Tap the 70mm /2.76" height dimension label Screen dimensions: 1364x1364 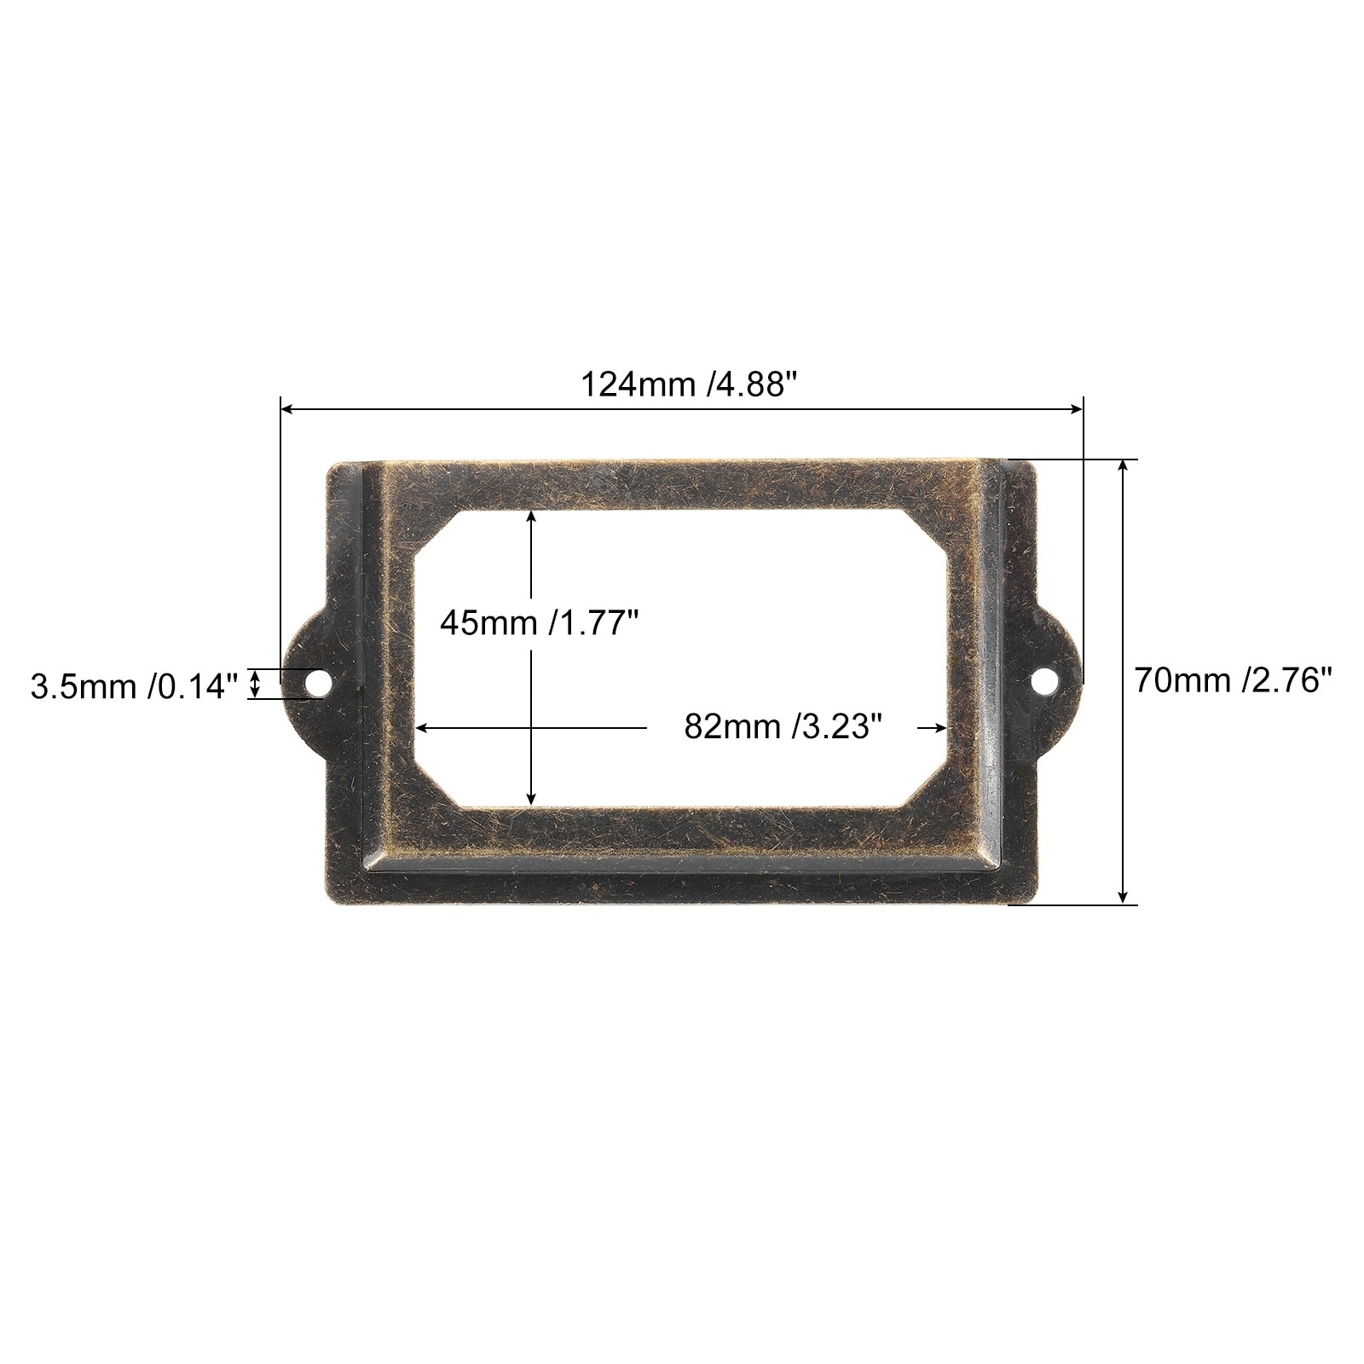click(x=1233, y=681)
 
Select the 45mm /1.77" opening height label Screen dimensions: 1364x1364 click(x=540, y=623)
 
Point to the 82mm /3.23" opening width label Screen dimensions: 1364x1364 click(x=782, y=726)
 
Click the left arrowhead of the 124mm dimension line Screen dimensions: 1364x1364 click(x=286, y=410)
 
